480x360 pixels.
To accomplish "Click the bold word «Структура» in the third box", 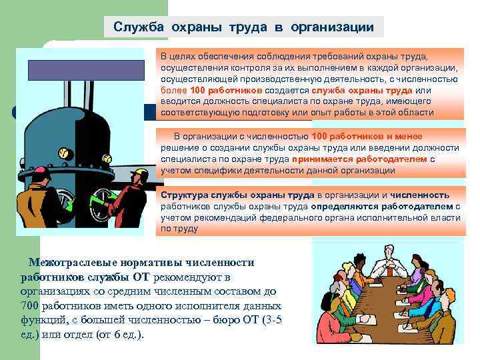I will pyautogui.click(x=183, y=195).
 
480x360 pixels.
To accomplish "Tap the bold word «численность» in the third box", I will pyautogui.click(x=420, y=195).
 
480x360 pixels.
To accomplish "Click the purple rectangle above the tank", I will pyautogui.click(x=85, y=69).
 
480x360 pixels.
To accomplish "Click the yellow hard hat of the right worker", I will pyautogui.click(x=139, y=174).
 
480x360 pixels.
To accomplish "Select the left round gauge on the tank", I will pyautogui.click(x=64, y=154).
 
